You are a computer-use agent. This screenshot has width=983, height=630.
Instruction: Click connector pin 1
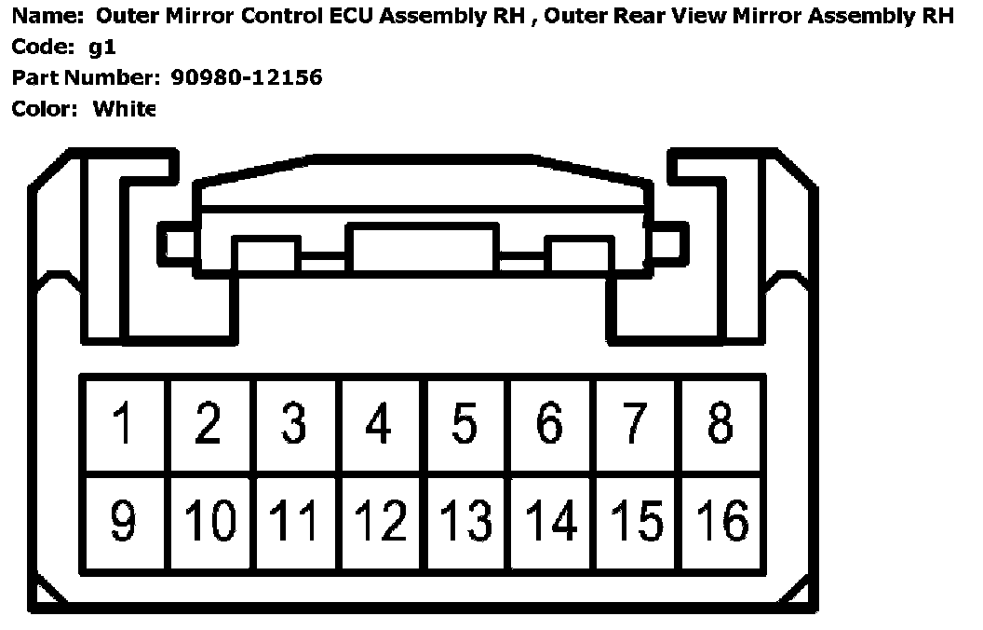pos(122,424)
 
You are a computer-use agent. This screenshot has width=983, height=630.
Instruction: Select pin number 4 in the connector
pos(378,424)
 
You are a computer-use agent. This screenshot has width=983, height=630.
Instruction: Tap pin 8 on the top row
pos(720,424)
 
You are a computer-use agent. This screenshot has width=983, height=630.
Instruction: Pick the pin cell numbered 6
pos(549,424)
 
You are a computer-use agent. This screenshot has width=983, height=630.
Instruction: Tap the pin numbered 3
pos(293,424)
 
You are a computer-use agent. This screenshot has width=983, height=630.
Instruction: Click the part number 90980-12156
pos(247,77)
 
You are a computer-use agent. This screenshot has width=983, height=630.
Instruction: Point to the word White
pos(124,108)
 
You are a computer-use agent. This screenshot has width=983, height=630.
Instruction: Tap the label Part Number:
pos(88,77)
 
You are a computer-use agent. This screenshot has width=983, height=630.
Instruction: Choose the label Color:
pos(45,108)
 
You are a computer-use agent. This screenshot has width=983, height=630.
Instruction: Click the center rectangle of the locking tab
pos(422,248)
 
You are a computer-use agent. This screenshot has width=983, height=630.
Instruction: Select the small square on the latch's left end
pos(180,244)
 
